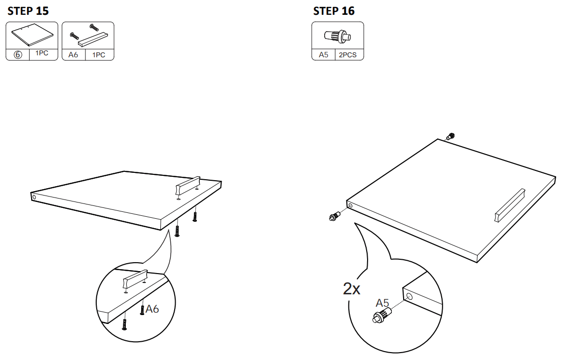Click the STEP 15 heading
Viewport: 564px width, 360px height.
pyautogui.click(x=28, y=11)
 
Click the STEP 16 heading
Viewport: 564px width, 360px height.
pyautogui.click(x=334, y=11)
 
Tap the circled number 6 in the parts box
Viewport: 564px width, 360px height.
pyautogui.click(x=18, y=55)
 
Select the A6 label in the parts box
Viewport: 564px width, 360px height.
pyautogui.click(x=73, y=55)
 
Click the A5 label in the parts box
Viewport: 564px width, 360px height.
pyautogui.click(x=323, y=55)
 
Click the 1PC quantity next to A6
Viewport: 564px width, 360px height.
pyautogui.click(x=99, y=55)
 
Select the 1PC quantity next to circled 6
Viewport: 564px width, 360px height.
pyautogui.click(x=43, y=54)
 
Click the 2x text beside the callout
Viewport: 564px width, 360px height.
pyautogui.click(x=352, y=288)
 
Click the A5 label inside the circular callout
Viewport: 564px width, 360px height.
pyautogui.click(x=382, y=303)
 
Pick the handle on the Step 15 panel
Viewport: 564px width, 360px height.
pyautogui.click(x=188, y=186)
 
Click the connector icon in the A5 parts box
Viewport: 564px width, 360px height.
pyautogui.click(x=338, y=36)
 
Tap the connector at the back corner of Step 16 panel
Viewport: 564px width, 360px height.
pyautogui.click(x=450, y=136)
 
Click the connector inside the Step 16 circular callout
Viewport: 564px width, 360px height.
pyautogui.click(x=382, y=315)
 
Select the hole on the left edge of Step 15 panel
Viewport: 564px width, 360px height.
pyautogui.click(x=34, y=197)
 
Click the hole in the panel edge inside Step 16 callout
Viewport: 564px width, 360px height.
pyautogui.click(x=409, y=296)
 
